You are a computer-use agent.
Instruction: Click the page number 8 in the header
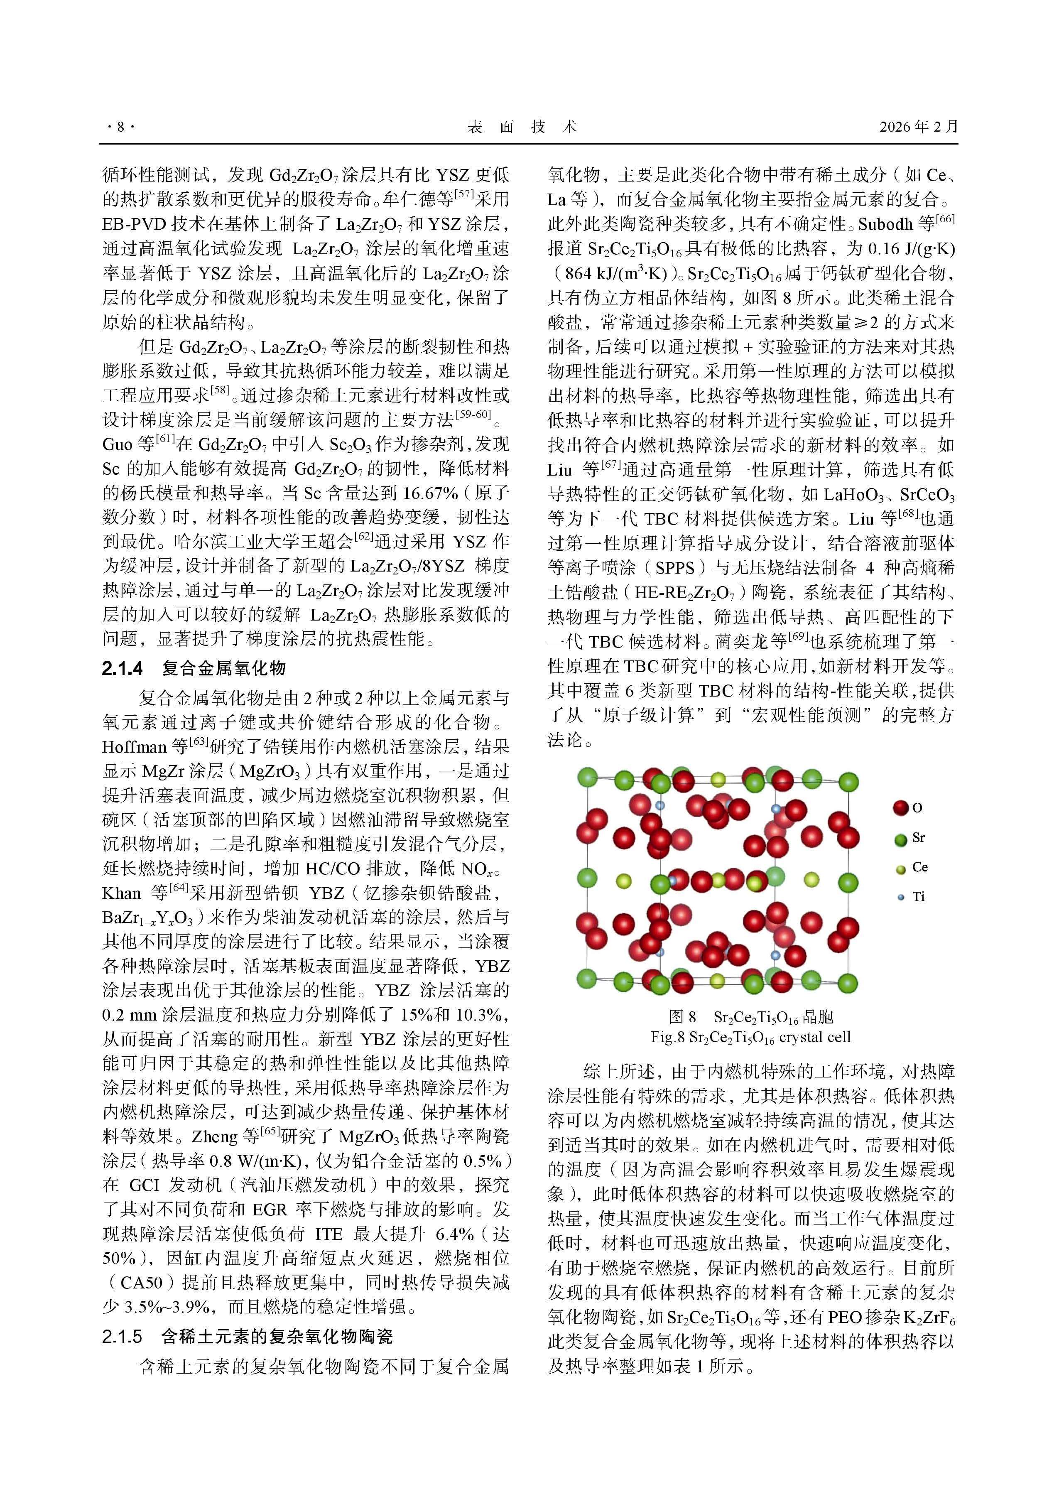click(120, 127)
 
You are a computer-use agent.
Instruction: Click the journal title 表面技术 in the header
click(522, 127)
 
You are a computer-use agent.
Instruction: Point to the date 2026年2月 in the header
click(918, 127)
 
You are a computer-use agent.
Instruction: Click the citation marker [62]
click(363, 537)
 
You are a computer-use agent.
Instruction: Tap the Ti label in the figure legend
click(918, 897)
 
